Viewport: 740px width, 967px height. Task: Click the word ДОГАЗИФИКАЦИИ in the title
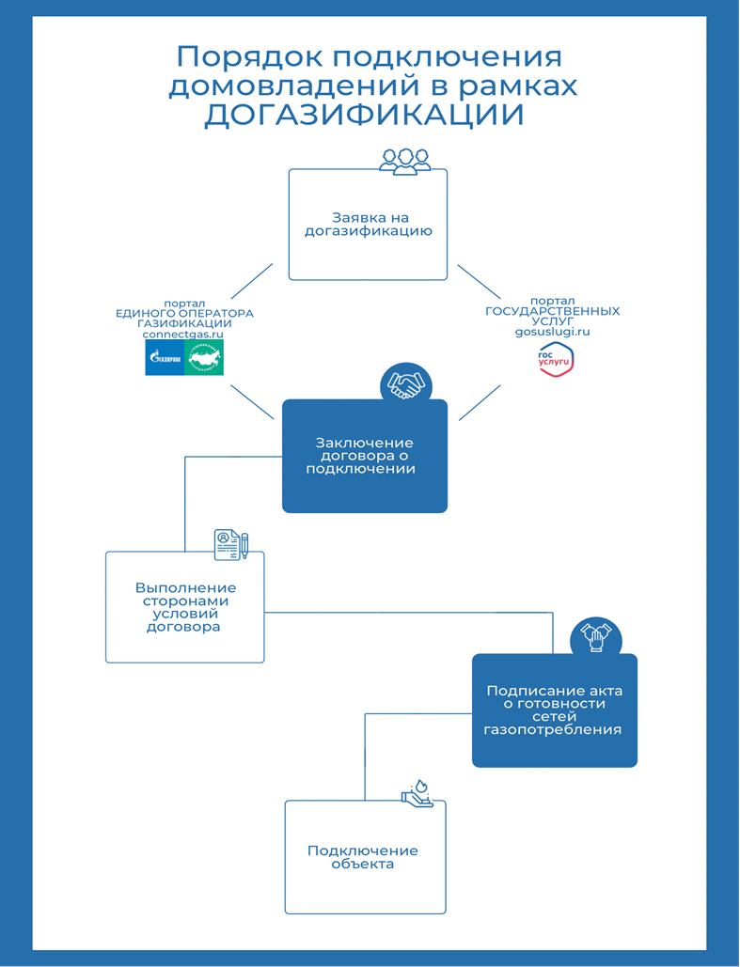click(x=365, y=115)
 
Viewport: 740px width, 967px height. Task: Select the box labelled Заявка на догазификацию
click(x=368, y=225)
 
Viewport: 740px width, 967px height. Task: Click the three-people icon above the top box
click(x=405, y=160)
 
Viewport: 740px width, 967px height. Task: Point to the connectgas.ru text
click(x=183, y=334)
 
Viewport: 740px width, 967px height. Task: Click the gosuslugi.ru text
click(x=552, y=332)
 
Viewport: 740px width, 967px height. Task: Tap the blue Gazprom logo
click(x=164, y=358)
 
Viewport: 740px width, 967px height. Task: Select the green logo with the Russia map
click(x=204, y=358)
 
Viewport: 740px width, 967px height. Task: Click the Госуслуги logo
click(x=555, y=360)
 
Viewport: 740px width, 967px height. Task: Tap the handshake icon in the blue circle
click(x=405, y=384)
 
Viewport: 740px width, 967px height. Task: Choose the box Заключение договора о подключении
click(x=365, y=456)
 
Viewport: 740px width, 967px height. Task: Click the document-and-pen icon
click(x=231, y=543)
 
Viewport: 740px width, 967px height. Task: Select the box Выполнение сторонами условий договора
click(x=185, y=607)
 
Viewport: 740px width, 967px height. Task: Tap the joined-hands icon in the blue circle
click(x=596, y=638)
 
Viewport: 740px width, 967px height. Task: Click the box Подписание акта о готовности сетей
click(x=554, y=710)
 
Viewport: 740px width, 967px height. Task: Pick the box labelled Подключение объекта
click(x=365, y=857)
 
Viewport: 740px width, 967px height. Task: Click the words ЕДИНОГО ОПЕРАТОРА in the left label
click(x=184, y=313)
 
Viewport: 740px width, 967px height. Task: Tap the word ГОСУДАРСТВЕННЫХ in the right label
click(x=552, y=310)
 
